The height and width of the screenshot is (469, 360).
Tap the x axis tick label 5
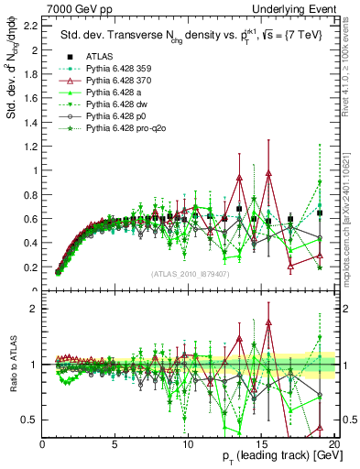115,443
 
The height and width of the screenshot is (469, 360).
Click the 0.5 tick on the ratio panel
32,420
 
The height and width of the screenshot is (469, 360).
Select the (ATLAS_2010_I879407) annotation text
189,274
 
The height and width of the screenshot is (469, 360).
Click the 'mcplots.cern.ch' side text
345,247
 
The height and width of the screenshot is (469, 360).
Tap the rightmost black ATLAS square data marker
320,213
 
